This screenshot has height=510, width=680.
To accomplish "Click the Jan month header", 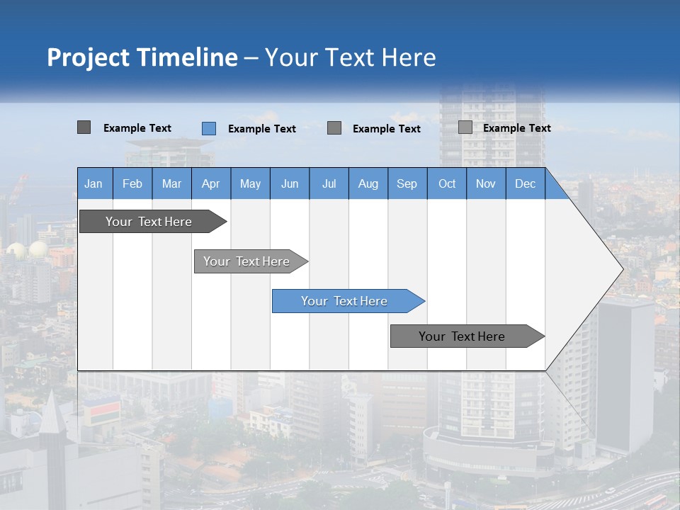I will [94, 183].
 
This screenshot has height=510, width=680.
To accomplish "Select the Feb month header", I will [132, 183].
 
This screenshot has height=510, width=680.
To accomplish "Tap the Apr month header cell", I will [211, 183].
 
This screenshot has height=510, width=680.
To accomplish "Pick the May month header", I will [250, 183].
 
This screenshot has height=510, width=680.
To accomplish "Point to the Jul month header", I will [329, 183].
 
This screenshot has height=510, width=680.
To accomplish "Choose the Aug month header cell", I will [368, 183].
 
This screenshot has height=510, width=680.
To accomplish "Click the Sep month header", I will [407, 183].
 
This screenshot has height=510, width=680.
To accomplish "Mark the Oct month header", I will [447, 183].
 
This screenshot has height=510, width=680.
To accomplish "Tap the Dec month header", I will [526, 183].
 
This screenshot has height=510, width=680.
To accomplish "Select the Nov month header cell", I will [486, 183].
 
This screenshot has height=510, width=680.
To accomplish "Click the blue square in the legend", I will [209, 128].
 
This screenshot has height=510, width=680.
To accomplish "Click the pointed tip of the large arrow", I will [621, 268].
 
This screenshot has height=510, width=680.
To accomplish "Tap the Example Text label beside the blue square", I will [262, 129].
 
